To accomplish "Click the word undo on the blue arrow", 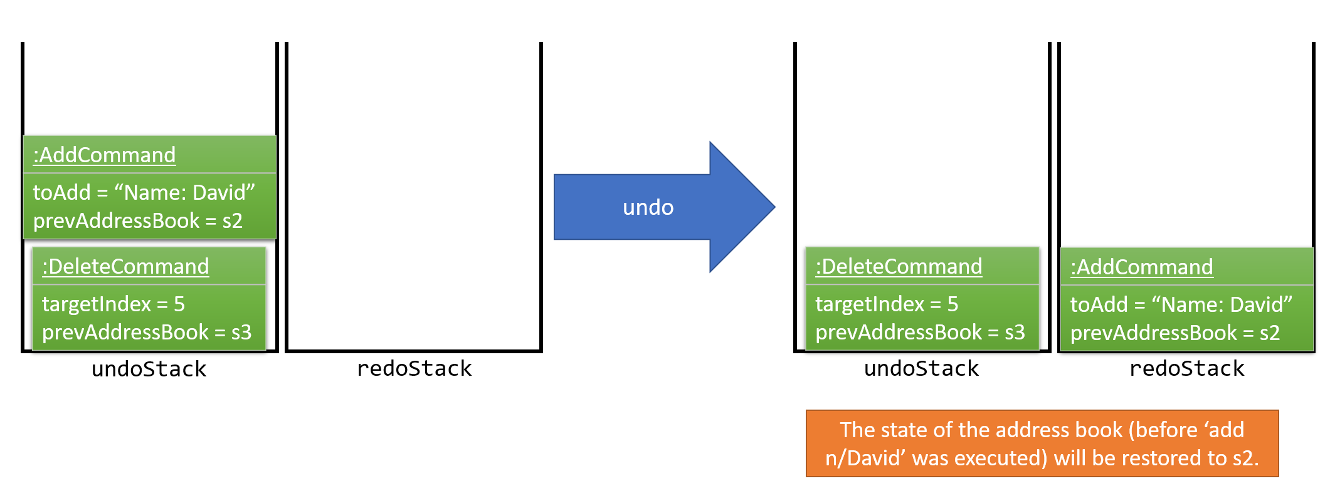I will [648, 207].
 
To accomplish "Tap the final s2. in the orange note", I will [1245, 458].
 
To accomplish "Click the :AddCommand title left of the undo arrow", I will [104, 155].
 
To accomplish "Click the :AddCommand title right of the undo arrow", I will [1141, 267].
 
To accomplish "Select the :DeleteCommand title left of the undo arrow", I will [125, 267].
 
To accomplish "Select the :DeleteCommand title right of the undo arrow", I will [899, 267].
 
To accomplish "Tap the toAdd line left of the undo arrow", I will [144, 192].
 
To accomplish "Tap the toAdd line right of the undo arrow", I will [1181, 304].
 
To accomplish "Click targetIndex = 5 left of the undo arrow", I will [113, 304].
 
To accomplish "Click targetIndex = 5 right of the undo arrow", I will [886, 304].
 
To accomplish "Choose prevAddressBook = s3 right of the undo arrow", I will [919, 333].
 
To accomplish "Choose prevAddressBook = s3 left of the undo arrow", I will [146, 333].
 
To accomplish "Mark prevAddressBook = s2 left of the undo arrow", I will [137, 221].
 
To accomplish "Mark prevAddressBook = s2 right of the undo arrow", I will [1174, 333].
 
